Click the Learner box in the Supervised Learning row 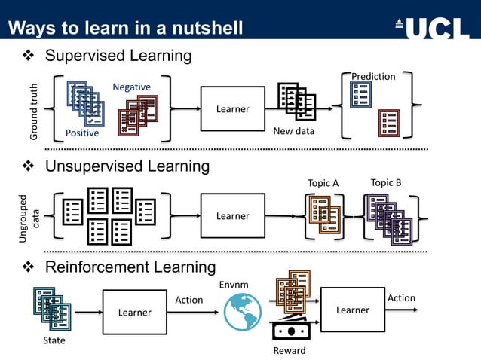[232, 108]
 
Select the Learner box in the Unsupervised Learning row [232, 215]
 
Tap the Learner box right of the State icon [134, 312]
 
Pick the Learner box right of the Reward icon [352, 310]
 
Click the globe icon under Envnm [242, 311]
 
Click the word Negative [131, 87]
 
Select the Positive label [82, 133]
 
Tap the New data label [293, 131]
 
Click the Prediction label [373, 76]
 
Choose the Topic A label [323, 183]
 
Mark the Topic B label [386, 182]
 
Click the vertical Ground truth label [34, 111]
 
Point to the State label [54, 340]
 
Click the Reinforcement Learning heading [130, 267]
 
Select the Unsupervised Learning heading [127, 166]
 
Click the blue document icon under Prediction [360, 94]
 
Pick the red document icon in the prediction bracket [389, 121]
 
